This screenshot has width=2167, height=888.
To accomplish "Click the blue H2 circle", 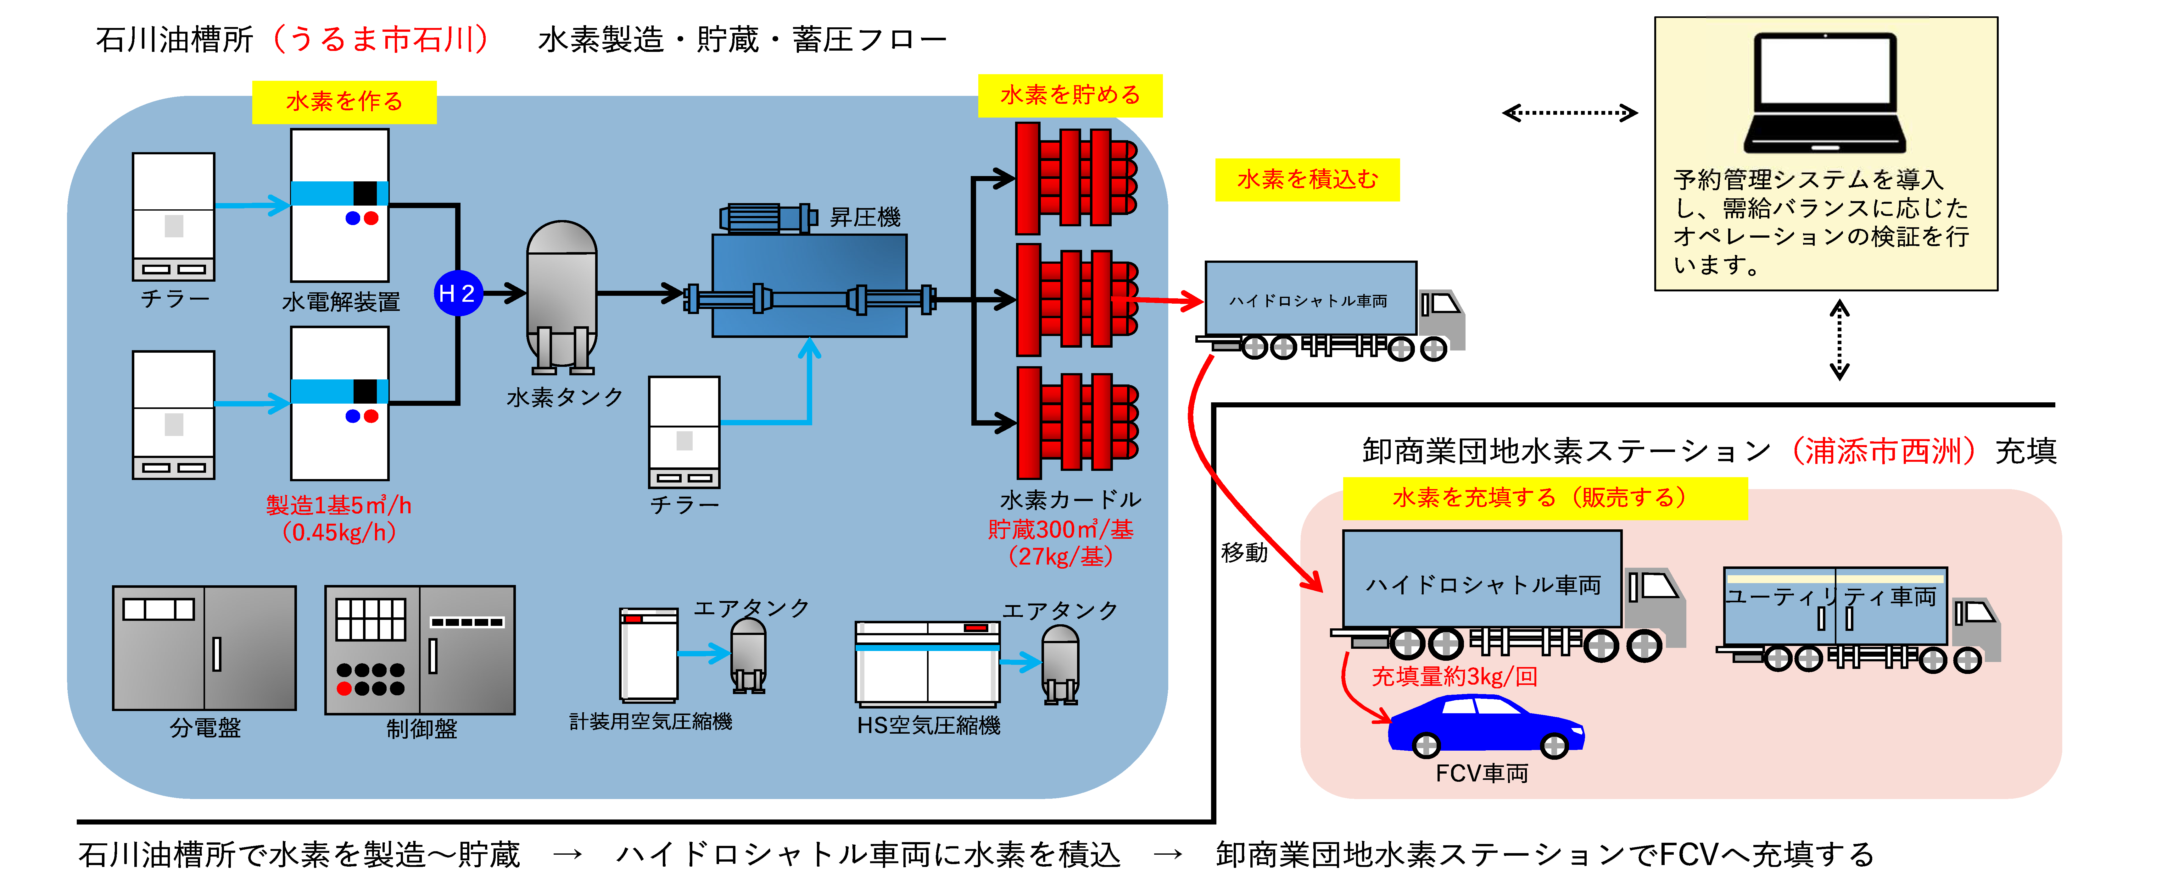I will coord(458,294).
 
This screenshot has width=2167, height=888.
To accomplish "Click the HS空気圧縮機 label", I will coord(929,725).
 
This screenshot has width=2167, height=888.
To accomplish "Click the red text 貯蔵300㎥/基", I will coord(1060,530).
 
